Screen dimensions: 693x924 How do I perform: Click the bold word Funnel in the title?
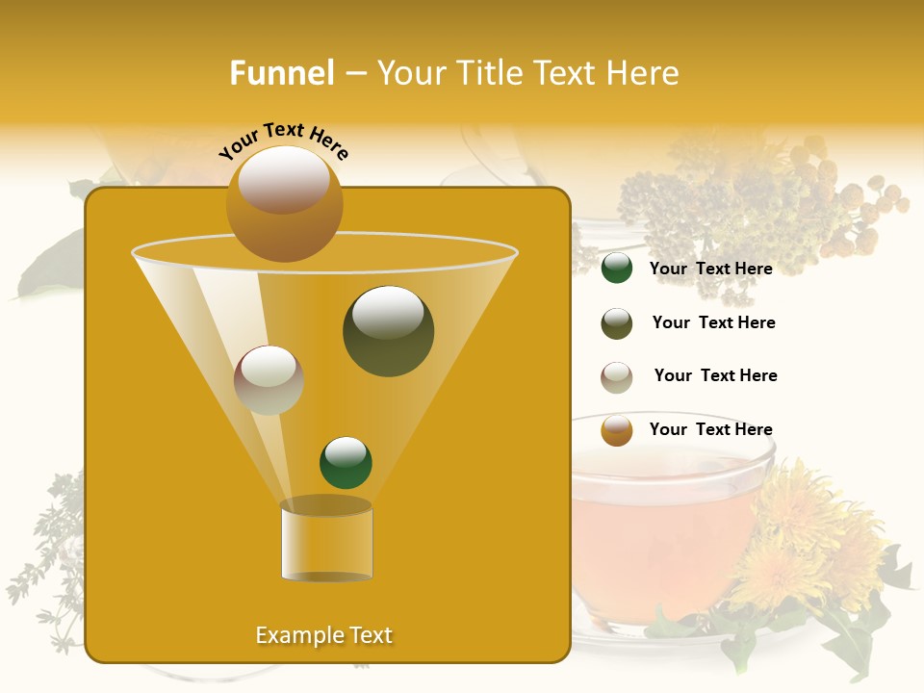tap(282, 73)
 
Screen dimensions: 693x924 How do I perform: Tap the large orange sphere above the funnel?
tap(284, 204)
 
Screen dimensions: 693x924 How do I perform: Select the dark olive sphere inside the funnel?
tap(388, 331)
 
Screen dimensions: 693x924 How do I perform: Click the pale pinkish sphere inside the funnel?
tap(269, 380)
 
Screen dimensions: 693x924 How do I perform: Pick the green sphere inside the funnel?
tap(346, 462)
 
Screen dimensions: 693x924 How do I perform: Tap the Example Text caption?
tap(324, 635)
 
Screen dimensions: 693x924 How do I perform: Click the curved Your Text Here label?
tap(284, 141)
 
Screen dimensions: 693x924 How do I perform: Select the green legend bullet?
tap(617, 269)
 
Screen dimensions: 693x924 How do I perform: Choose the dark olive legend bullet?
tap(617, 323)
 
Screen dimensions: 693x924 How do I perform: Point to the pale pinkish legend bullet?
tap(617, 377)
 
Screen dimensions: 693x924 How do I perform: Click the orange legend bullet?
tap(617, 430)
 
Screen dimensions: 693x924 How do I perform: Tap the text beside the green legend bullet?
tap(710, 269)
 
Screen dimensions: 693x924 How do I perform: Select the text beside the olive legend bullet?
tap(713, 322)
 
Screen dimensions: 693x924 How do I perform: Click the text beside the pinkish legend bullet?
tap(715, 375)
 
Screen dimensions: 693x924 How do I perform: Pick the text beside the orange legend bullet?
tap(710, 429)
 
